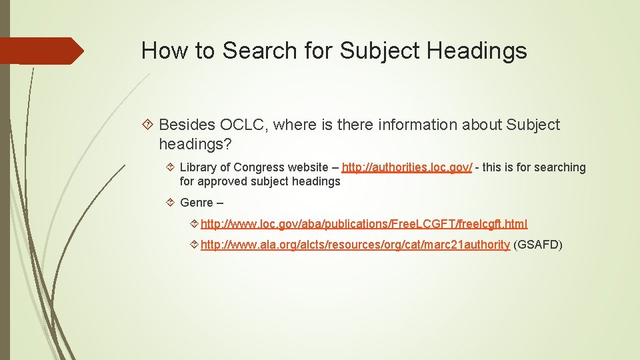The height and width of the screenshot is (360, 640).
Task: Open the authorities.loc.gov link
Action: pos(407,167)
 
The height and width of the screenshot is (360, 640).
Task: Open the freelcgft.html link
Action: pos(364,224)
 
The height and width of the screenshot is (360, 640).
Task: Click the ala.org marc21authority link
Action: pos(355,245)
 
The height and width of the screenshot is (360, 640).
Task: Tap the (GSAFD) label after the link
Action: pos(538,245)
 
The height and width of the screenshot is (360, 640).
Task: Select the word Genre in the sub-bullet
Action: pos(197,203)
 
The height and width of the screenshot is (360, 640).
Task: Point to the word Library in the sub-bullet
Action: pos(198,167)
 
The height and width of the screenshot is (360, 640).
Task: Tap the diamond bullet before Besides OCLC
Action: pos(149,125)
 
